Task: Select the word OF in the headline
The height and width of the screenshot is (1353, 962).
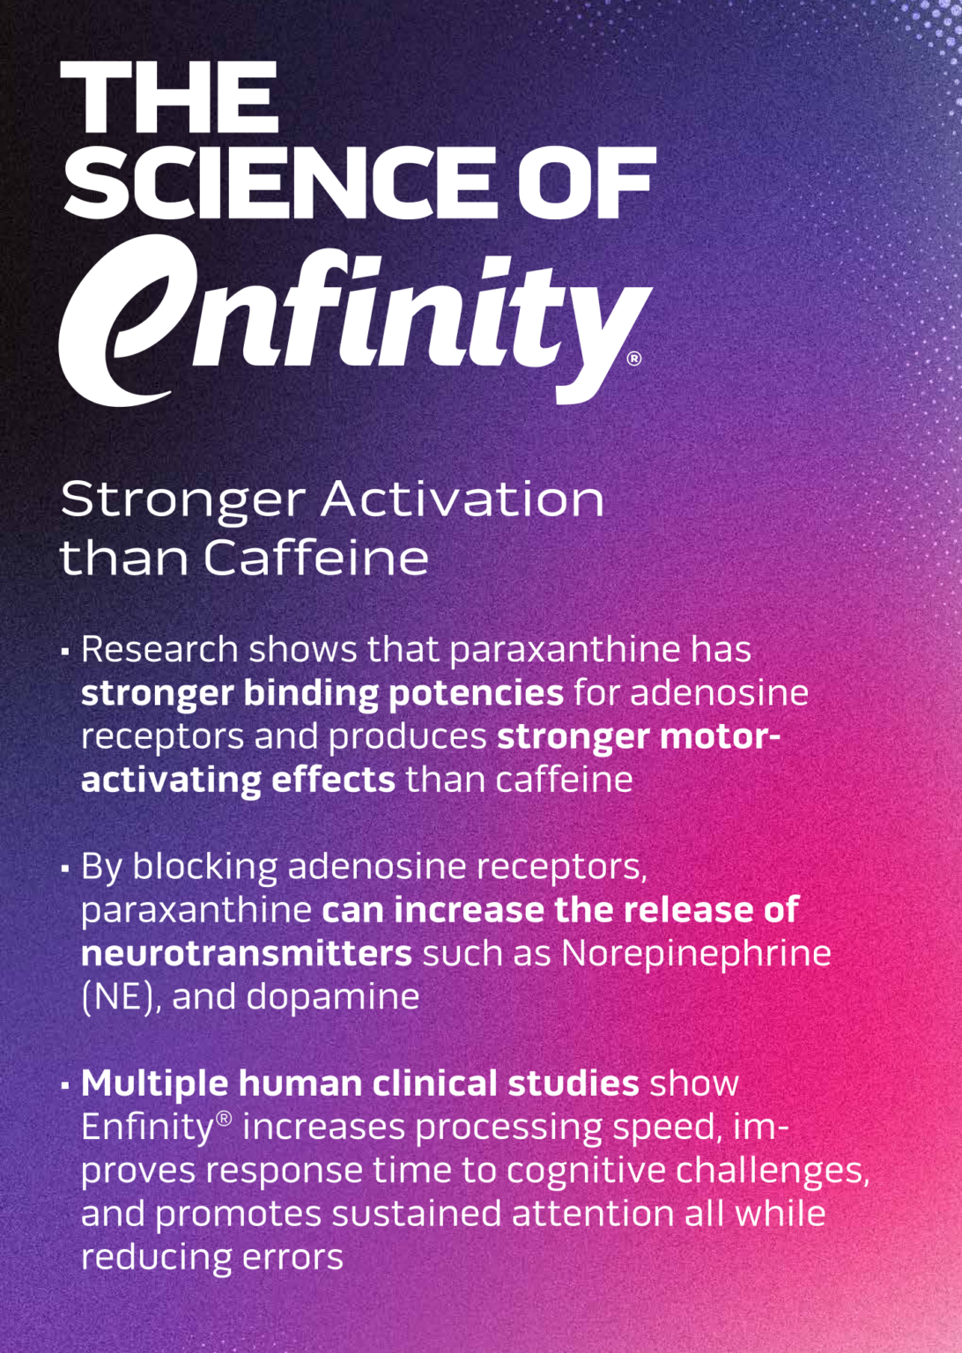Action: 586,182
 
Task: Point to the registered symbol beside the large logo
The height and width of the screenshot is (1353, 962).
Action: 633,359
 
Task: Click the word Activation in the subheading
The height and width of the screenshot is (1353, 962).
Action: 462,499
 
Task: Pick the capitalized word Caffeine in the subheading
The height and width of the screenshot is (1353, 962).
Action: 316,558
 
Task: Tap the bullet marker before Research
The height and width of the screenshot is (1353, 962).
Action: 65,653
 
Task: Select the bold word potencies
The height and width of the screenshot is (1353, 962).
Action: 476,694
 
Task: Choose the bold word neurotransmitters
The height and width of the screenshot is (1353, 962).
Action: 246,953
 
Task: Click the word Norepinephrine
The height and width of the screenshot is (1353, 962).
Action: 696,953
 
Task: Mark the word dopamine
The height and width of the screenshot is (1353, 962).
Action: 333,997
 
